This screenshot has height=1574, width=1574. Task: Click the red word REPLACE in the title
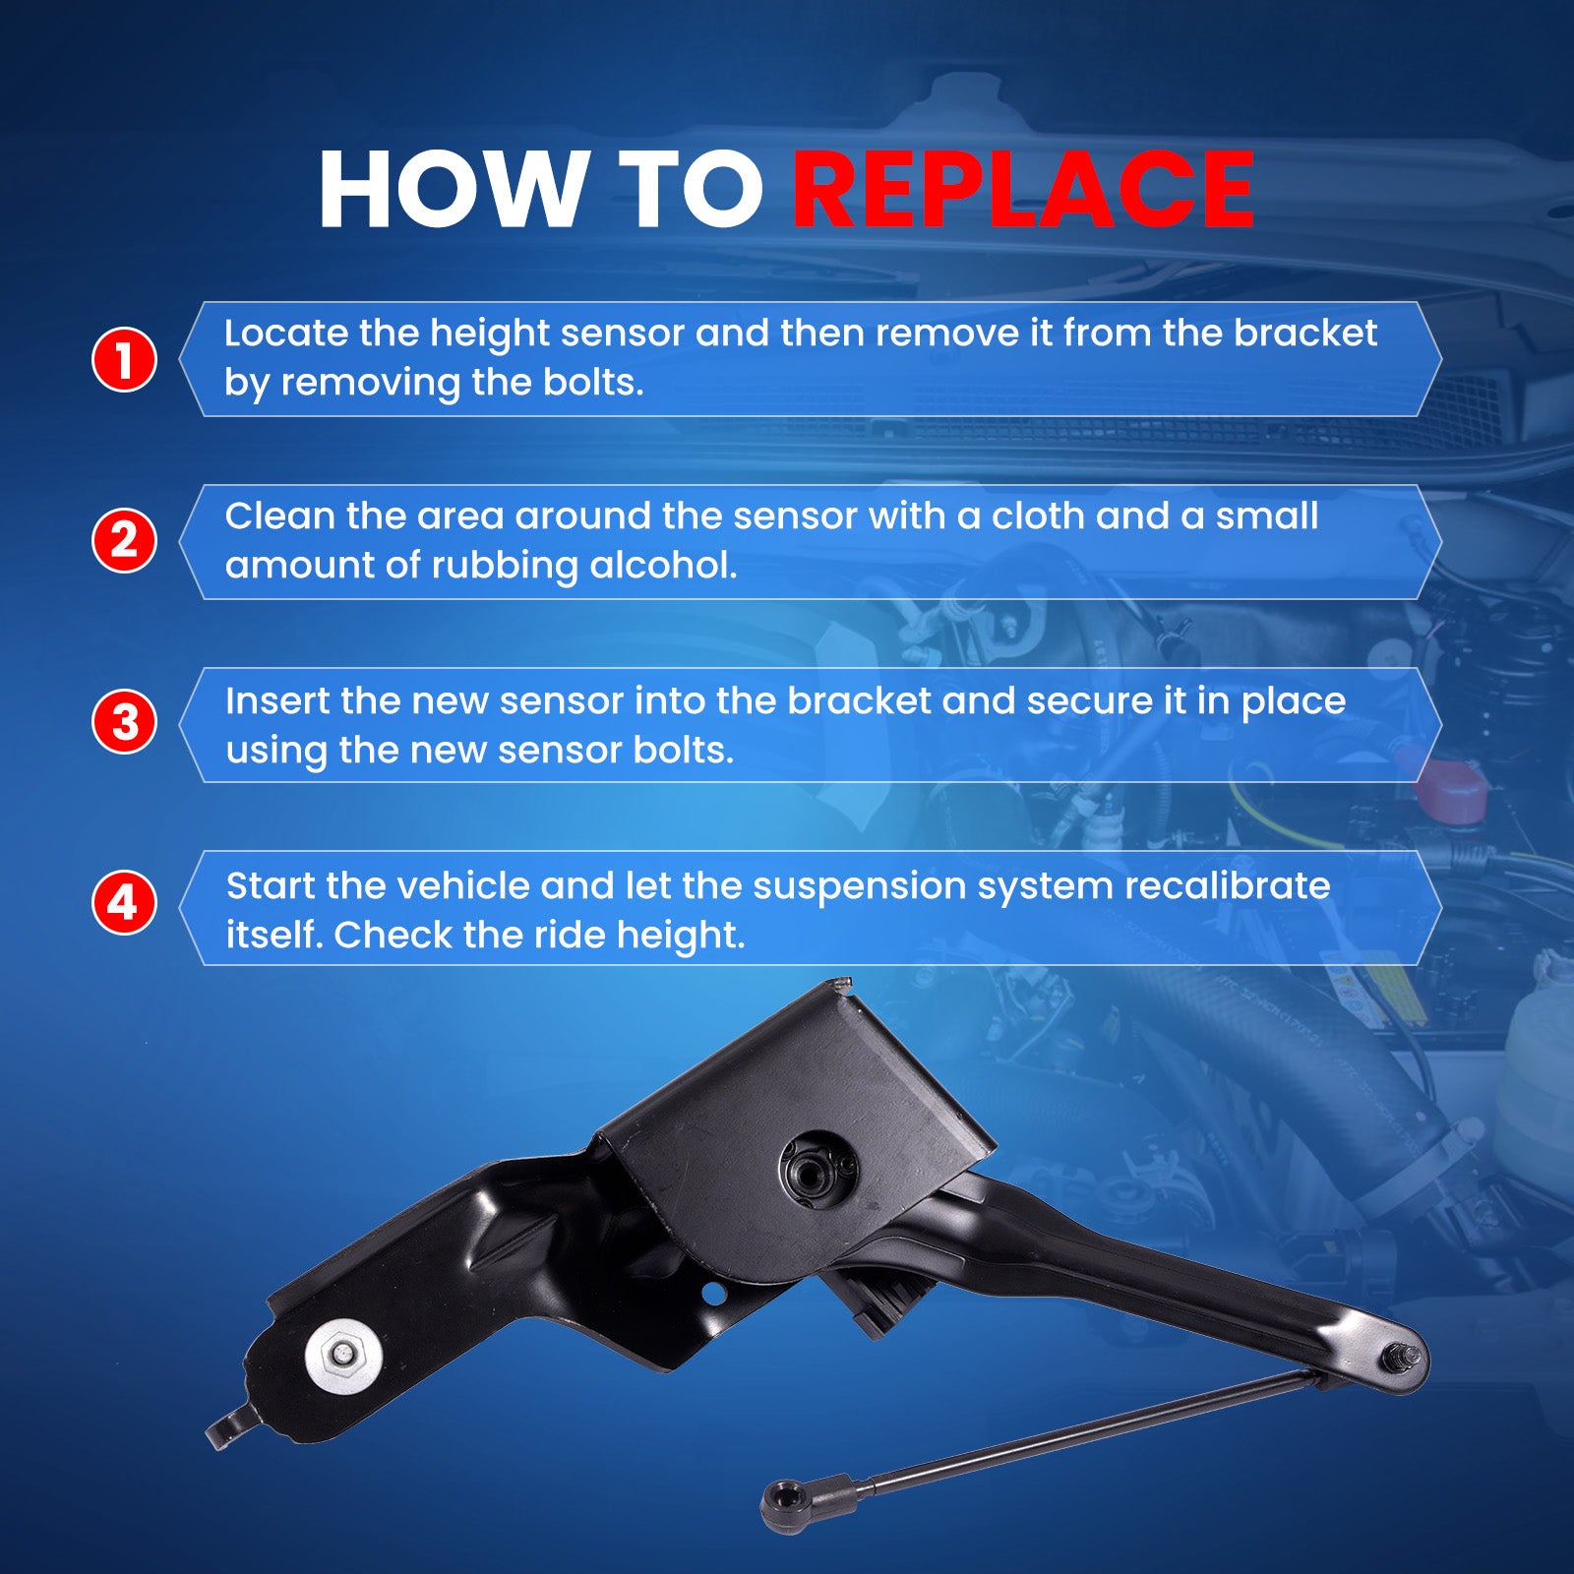click(x=1023, y=189)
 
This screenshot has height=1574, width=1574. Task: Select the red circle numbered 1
click(x=124, y=359)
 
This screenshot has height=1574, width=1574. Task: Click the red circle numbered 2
click(x=124, y=540)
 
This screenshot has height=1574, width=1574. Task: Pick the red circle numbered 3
click(x=124, y=722)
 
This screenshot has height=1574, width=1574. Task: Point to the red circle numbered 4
click(x=124, y=902)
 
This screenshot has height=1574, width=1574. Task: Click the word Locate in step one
click(x=286, y=333)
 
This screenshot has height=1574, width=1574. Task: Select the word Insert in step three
click(x=277, y=700)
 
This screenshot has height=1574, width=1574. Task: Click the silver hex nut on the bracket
click(x=342, y=1355)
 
